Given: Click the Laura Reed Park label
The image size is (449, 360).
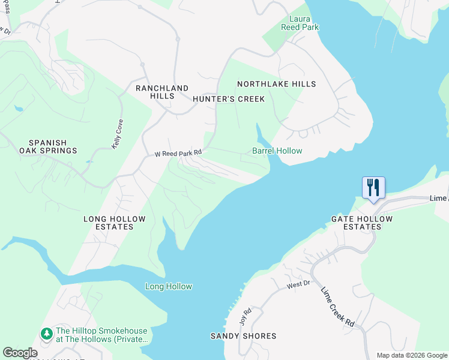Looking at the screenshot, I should [x=300, y=23].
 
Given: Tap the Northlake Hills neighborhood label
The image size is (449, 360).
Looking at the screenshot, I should [x=276, y=85].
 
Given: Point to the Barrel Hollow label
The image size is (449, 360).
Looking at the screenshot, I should [x=277, y=151].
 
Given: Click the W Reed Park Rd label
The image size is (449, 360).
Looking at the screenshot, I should [x=178, y=154].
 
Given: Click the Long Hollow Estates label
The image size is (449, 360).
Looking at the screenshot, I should [x=114, y=223].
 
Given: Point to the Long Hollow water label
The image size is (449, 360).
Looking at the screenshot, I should [x=169, y=287].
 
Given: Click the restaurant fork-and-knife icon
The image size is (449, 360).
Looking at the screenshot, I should [x=373, y=188].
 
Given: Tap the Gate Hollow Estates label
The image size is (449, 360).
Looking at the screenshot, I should [x=362, y=223].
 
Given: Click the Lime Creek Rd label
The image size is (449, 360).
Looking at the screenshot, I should [x=337, y=307].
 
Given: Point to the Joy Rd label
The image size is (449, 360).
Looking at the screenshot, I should [x=244, y=316].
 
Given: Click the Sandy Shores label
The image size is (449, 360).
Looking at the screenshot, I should [x=243, y=336].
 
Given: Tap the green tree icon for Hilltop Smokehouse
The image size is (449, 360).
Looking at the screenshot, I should [x=46, y=332].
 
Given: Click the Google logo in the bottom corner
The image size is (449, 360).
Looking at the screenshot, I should [x=20, y=353].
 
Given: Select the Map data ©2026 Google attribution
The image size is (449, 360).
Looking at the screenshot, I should [x=411, y=355].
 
